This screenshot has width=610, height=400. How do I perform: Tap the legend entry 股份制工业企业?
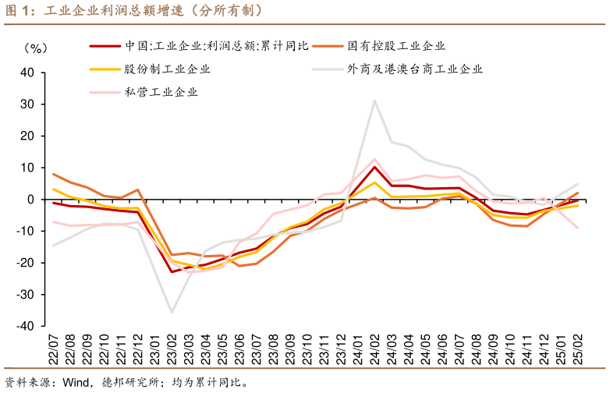click(168, 69)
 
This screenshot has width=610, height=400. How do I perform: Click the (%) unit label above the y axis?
click(36, 48)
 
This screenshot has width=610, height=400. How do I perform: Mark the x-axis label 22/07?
click(54, 347)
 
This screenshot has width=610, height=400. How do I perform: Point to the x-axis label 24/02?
click(375, 347)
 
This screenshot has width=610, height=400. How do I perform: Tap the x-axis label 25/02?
click(578, 347)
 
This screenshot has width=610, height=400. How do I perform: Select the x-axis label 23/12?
click(341, 347)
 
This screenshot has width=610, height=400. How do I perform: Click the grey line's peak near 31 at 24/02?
click(375, 100)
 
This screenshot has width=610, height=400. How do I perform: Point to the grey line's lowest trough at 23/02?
click(172, 313)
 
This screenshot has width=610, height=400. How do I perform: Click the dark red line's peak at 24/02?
click(375, 167)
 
